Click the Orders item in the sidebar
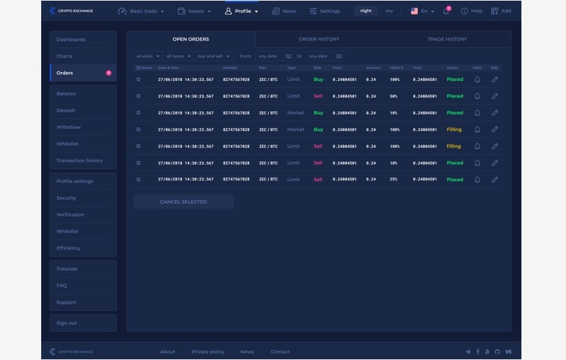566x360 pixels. [x=65, y=73]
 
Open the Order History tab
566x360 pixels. [x=318, y=39]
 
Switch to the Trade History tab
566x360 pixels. [x=447, y=39]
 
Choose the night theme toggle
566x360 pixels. [x=366, y=11]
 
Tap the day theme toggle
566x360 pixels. [x=389, y=11]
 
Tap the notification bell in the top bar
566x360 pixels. [x=446, y=11]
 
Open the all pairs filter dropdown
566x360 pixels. [x=148, y=56]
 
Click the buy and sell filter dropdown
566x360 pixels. [x=214, y=56]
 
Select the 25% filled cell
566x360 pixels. [x=394, y=180]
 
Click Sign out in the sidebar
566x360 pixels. [x=67, y=323]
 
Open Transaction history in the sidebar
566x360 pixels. [x=80, y=160]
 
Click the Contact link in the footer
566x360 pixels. [x=280, y=352]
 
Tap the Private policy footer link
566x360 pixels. [x=208, y=352]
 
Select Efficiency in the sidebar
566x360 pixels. [x=69, y=248]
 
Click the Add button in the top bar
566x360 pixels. [x=501, y=11]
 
